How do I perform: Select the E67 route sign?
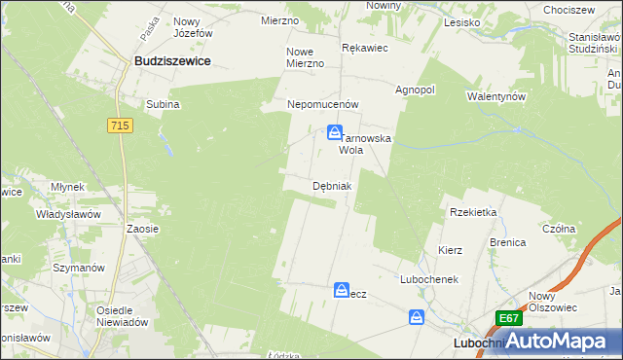tap(506, 318)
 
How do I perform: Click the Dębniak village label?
tap(332, 185)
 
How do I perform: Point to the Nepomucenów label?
tap(323, 104)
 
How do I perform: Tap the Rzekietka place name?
tap(473, 211)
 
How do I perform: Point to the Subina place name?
tap(163, 104)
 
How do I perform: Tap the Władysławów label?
tap(69, 213)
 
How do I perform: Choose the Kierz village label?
tap(450, 250)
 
